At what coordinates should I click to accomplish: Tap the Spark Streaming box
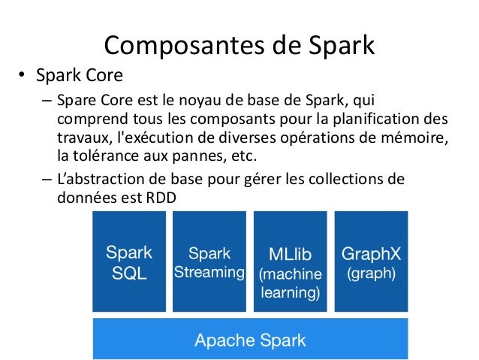tap(209, 262)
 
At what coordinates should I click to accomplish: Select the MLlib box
tap(291, 262)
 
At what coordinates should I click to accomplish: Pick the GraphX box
tap(370, 262)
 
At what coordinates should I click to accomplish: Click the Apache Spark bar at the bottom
tap(250, 340)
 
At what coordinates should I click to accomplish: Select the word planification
tap(365, 121)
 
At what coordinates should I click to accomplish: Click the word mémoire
tap(417, 139)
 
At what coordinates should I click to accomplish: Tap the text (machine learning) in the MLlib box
tap(291, 283)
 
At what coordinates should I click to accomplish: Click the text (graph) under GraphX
tap(370, 274)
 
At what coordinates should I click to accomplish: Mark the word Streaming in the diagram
tap(209, 272)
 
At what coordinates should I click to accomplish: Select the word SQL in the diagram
tap(129, 274)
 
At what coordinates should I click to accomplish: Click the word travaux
tap(80, 139)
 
